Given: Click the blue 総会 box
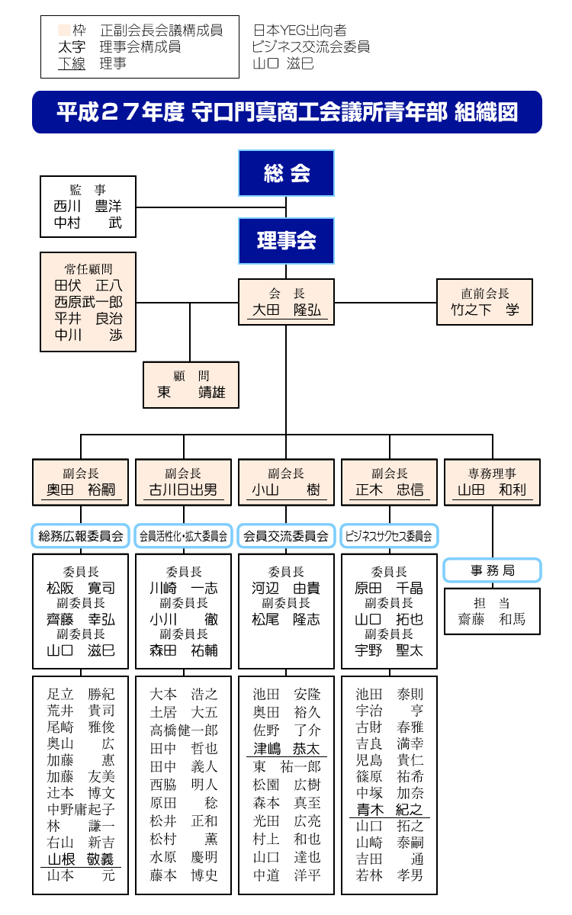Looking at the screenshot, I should point(286,174).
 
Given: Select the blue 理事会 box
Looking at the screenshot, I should point(286,241).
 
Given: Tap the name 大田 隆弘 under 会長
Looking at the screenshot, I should point(286,310).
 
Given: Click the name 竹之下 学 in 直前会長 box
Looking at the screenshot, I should point(484,310).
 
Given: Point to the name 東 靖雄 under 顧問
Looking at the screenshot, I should point(191,393).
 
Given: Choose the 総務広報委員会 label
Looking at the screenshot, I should point(80,536).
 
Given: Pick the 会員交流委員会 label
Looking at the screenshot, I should point(286,536).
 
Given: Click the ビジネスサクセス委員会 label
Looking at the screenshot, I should point(389,536).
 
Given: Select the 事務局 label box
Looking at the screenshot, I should point(492,570).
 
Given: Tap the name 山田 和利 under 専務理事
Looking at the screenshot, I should point(492,490).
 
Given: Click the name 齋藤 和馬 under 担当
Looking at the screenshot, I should point(492,619).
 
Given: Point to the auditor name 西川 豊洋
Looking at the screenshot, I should point(88,207).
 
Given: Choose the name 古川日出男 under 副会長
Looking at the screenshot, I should point(183,490).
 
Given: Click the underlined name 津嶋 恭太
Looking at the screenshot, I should point(286,749).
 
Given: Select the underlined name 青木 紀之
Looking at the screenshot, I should point(389,810).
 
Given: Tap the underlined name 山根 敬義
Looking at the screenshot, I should point(80,859).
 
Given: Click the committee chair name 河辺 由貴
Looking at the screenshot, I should point(286,588).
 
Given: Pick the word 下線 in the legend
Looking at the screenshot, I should point(72,63).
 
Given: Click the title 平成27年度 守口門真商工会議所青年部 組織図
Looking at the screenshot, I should point(287,113).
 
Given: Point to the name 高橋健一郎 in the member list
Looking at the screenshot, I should point(183,730).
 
